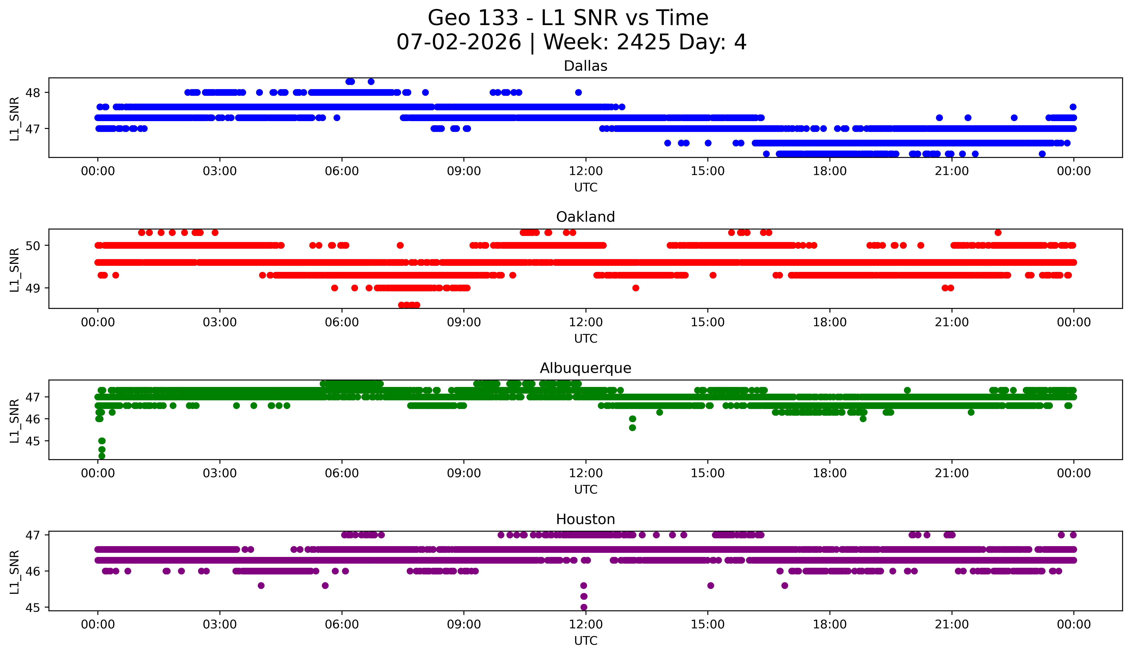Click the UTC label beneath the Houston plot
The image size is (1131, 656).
pos(586,641)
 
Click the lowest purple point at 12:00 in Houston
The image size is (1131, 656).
pos(583,607)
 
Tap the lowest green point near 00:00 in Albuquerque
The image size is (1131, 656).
pos(102,456)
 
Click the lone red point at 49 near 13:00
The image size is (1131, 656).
pos(636,288)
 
